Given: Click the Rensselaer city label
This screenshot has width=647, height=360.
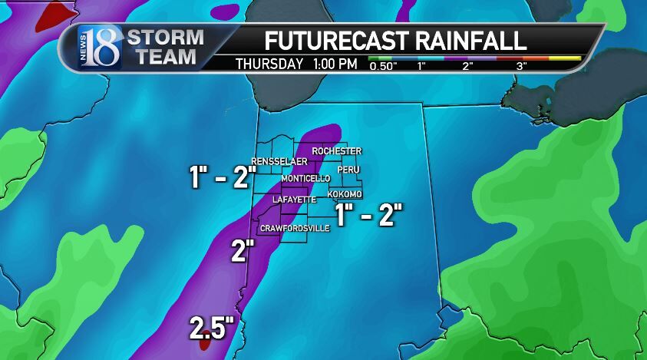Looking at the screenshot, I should (x=279, y=161).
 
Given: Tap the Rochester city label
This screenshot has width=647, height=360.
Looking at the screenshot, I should (x=337, y=151).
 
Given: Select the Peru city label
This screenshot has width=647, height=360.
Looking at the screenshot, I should (x=348, y=170).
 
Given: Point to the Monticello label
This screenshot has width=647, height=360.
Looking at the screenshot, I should (x=305, y=178).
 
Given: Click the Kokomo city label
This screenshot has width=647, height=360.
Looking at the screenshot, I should (x=345, y=194).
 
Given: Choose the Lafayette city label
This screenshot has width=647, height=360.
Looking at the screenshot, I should (x=294, y=200).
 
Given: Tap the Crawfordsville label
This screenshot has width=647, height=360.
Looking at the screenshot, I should (x=295, y=229).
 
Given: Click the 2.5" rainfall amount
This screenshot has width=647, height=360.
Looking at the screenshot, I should (x=212, y=329).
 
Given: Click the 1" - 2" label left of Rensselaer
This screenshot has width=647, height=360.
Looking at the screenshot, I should (x=222, y=178).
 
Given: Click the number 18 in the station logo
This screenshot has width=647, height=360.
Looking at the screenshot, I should (x=104, y=48).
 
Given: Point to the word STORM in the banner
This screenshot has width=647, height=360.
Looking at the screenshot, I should (x=165, y=37).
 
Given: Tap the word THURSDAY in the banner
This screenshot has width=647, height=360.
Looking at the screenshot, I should (x=269, y=64).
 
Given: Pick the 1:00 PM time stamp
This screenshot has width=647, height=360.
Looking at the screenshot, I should (x=335, y=64).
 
